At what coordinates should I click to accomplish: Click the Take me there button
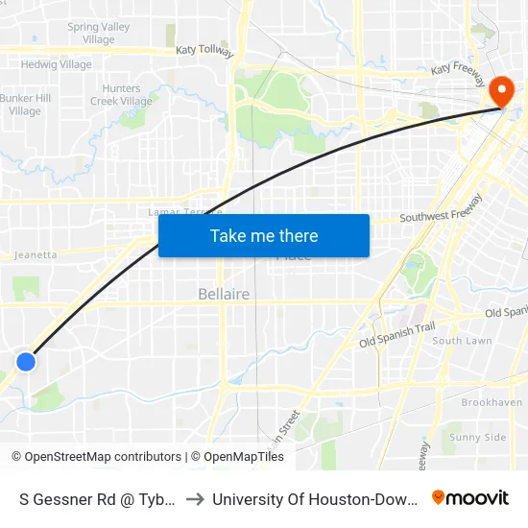[264, 235]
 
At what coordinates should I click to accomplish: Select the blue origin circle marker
[26, 361]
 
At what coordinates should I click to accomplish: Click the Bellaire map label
[224, 294]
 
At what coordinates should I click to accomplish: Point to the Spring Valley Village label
[98, 34]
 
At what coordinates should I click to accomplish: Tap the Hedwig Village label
[57, 65]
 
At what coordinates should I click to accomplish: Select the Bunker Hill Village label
[26, 105]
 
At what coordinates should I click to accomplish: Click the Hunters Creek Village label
[121, 95]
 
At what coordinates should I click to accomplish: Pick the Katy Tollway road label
[204, 50]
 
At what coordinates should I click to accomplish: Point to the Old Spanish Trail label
[397, 335]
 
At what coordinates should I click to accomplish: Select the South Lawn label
[462, 341]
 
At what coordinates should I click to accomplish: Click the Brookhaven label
[492, 403]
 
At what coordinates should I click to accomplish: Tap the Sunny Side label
[477, 438]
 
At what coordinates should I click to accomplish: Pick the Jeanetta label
[36, 255]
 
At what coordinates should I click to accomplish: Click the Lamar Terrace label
[184, 211]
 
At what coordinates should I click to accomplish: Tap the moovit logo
[470, 498]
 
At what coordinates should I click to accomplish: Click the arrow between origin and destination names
[195, 499]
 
